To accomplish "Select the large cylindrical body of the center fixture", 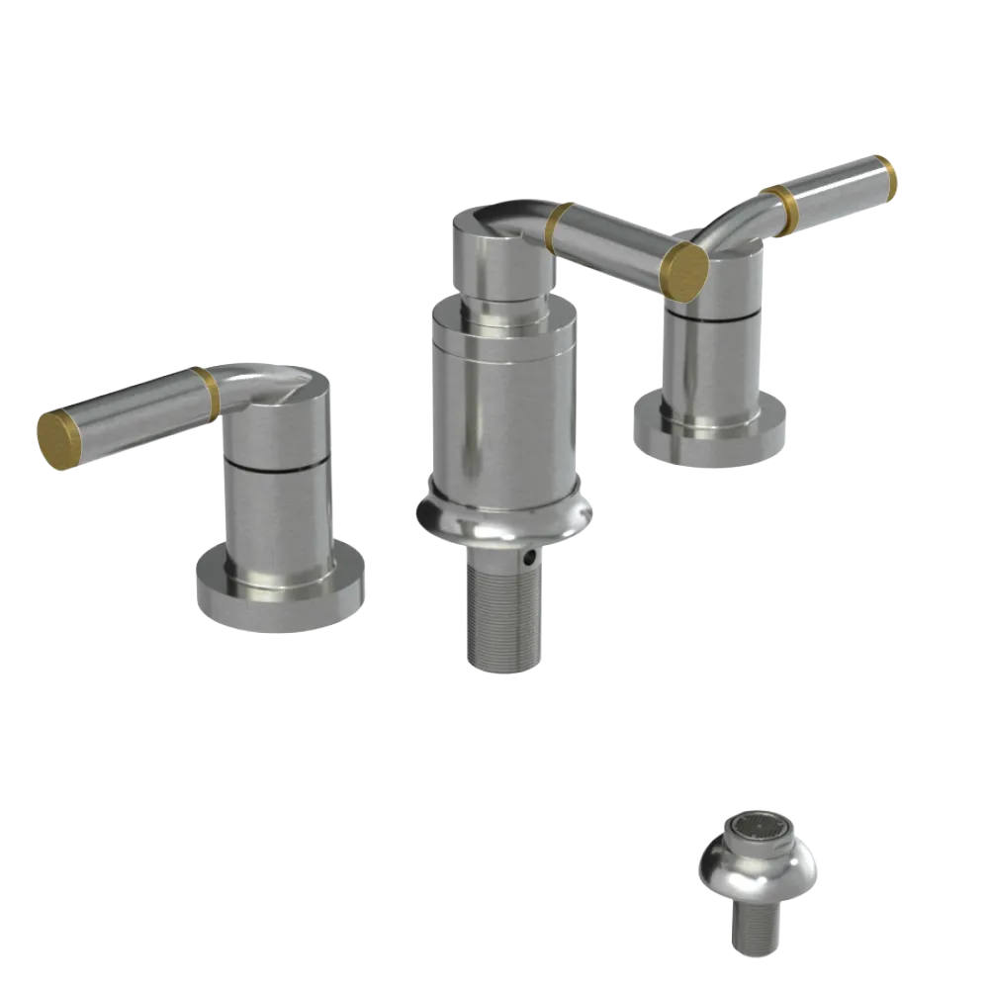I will [501, 405].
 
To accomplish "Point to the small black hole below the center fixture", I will [531, 560].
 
